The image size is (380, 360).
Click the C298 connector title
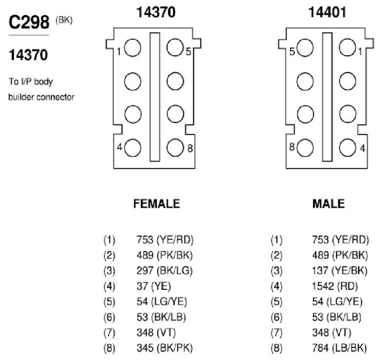pos(29,22)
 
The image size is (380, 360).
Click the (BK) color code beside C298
pos(64,20)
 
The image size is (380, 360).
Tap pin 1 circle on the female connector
pos(132,48)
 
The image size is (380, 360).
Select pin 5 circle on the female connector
pos(175,47)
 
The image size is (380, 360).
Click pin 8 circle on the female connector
pos(175,147)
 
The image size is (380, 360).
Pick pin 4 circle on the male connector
pos(348,147)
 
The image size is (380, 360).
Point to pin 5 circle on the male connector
pos(305,48)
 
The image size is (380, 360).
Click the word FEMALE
pos(157,203)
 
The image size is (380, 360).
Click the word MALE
pos(329,203)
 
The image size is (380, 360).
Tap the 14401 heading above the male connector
pos(327,12)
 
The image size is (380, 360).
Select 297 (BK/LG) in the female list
pos(165,271)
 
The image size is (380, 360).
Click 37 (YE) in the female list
pos(154,286)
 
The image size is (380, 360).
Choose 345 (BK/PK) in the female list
pos(165,348)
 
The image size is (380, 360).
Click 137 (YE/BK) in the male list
pos(340,271)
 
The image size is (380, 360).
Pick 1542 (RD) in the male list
pos(335,286)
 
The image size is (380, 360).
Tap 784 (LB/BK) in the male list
pos(339,348)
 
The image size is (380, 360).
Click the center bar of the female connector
pos(155,97)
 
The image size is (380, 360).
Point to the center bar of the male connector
pos(327,97)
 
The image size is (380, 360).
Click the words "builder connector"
pos(41,97)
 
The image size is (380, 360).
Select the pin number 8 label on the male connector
pos(292,147)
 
